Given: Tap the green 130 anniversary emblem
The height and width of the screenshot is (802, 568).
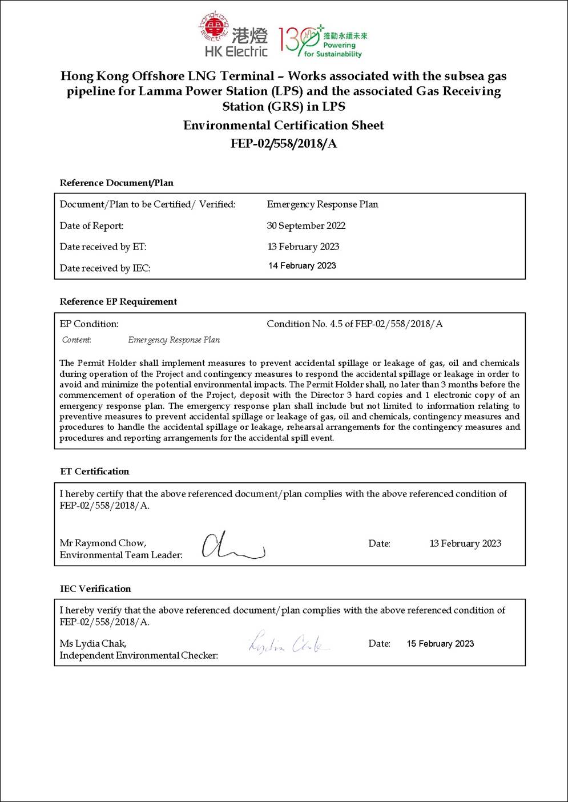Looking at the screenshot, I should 322,41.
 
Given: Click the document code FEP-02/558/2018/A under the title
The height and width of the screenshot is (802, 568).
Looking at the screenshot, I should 283,143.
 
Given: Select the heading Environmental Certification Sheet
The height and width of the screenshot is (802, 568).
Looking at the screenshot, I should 283,125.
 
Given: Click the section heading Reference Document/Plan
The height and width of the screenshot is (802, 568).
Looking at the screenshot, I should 116,183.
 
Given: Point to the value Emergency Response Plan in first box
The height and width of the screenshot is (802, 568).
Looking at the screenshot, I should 322,204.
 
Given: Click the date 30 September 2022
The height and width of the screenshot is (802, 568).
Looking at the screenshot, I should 306,225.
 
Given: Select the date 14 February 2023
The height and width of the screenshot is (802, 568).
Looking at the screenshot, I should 302,265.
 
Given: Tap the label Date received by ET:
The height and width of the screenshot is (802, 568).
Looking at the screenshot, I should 103,247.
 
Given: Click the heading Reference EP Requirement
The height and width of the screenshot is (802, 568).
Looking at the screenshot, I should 118,301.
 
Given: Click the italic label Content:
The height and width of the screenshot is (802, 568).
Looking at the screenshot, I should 76,340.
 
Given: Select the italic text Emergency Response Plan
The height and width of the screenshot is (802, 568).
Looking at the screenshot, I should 174,340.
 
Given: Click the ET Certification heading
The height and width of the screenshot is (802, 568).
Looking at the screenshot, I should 95,471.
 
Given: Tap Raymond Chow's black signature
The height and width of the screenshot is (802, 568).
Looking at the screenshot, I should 231,546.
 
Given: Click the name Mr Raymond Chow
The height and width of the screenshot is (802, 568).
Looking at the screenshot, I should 103,543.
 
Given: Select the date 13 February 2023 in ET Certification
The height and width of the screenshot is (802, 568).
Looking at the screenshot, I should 465,543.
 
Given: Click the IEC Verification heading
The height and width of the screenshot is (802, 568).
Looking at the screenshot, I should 95,589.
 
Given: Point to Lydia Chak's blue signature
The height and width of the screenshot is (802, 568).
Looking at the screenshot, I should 288,643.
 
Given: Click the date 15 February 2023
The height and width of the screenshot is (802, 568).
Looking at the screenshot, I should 440,643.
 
